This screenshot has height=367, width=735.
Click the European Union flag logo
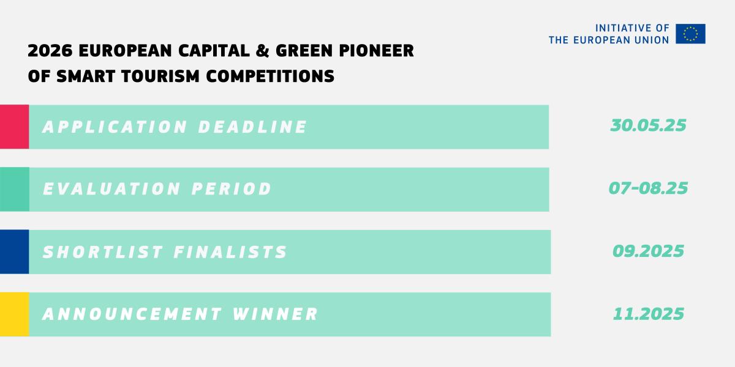(690, 34)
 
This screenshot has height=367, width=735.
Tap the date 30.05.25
(648, 125)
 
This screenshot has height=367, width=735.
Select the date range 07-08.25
(648, 188)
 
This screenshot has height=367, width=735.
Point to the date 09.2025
(648, 251)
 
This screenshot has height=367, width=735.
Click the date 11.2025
(649, 314)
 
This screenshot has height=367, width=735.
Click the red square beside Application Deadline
(15, 127)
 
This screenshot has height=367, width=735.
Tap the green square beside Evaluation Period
(15, 190)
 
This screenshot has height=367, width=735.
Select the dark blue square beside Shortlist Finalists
(15, 251)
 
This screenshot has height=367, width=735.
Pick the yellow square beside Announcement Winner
(15, 314)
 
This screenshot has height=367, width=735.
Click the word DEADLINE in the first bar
(252, 127)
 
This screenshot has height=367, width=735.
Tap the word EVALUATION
(111, 189)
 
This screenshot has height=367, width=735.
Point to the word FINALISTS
(230, 252)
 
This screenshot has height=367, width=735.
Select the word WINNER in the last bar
(275, 314)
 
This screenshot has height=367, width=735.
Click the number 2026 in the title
(50, 51)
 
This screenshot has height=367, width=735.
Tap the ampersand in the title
(262, 51)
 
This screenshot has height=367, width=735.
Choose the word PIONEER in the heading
(376, 51)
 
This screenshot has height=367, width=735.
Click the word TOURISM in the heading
(160, 76)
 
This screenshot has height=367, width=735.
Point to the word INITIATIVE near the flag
(621, 28)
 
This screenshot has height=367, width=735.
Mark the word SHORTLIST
(103, 252)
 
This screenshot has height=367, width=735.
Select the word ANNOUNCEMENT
(132, 314)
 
